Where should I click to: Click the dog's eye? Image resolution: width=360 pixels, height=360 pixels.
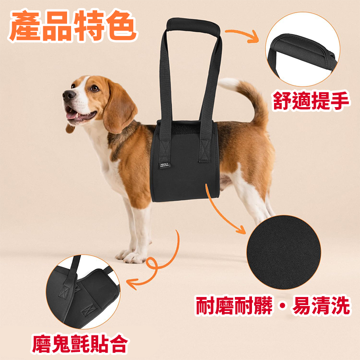[94, 89]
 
